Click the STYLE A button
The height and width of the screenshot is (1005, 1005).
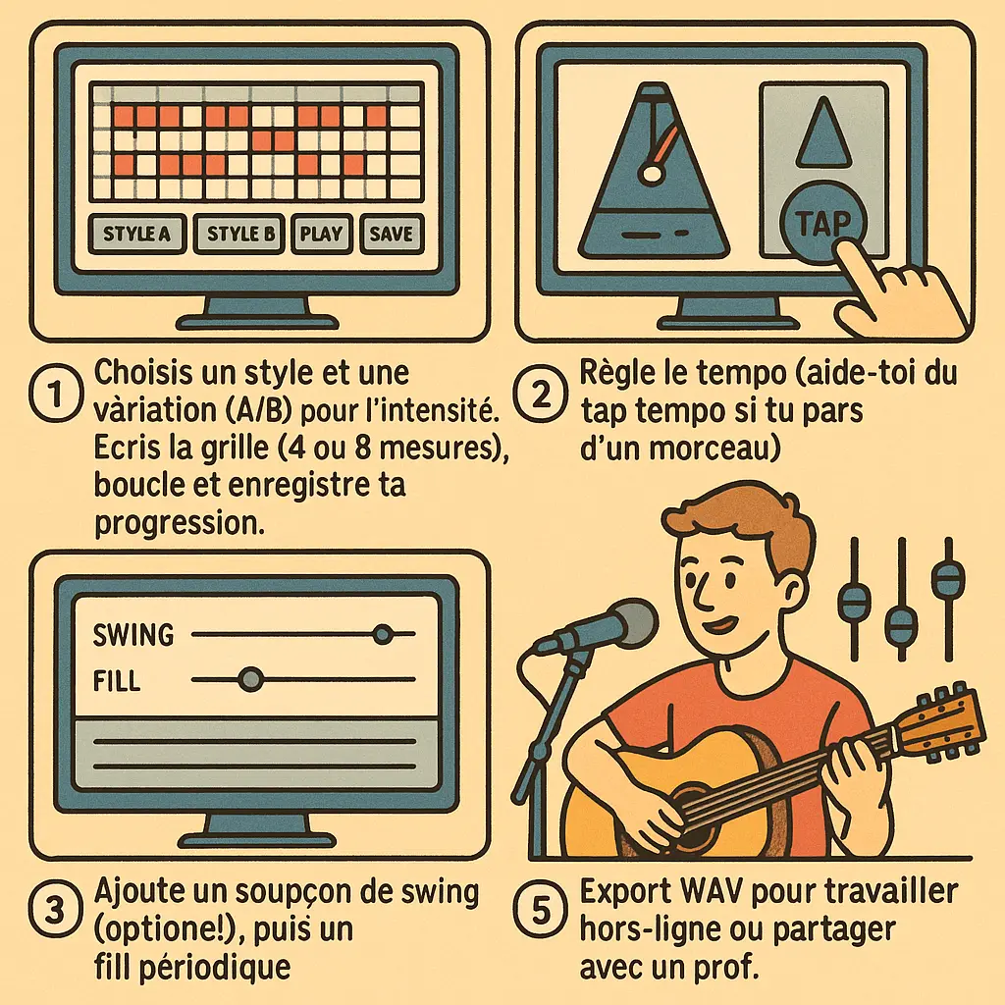pyautogui.click(x=136, y=234)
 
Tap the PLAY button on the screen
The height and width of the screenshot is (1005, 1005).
pyautogui.click(x=321, y=234)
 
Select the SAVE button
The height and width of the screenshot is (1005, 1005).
pyautogui.click(x=392, y=234)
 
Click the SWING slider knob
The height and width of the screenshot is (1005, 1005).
pyautogui.click(x=383, y=634)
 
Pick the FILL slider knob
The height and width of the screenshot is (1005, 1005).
pyautogui.click(x=251, y=678)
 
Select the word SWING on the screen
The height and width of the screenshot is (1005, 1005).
pyautogui.click(x=133, y=635)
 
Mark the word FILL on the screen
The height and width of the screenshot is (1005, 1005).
pyautogui.click(x=116, y=679)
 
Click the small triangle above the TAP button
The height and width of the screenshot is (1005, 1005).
pyautogui.click(x=822, y=135)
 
